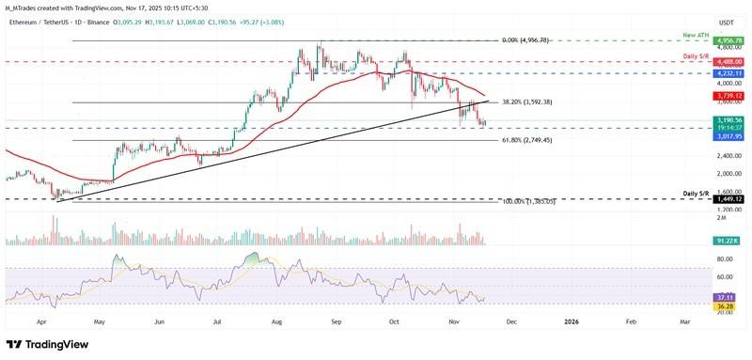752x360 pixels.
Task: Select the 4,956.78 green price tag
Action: (x=730, y=41)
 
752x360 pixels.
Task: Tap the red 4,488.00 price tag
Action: (x=730, y=61)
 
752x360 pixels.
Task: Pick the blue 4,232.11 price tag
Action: (x=730, y=72)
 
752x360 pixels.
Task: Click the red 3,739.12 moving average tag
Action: (x=730, y=96)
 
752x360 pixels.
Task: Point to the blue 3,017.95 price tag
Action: (x=730, y=135)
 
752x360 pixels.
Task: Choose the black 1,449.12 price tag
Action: (x=730, y=199)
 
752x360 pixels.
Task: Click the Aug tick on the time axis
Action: (x=277, y=321)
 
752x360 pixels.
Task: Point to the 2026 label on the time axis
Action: (x=571, y=321)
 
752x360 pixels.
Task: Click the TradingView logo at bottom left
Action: (x=47, y=345)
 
